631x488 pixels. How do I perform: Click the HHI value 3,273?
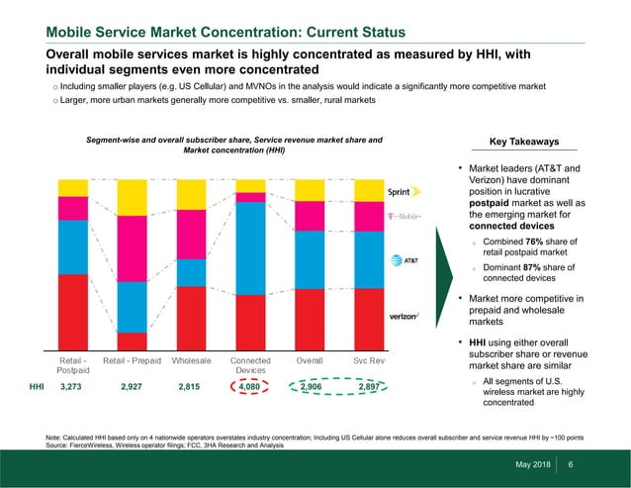[x=72, y=387]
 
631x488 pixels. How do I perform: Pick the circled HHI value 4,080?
[x=250, y=387]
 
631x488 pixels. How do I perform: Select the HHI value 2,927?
[x=133, y=387]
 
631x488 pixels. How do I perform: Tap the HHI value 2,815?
[x=190, y=387]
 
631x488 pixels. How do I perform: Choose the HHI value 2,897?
[x=369, y=387]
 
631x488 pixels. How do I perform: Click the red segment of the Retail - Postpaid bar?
[x=73, y=312]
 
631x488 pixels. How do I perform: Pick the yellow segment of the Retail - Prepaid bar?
[x=133, y=197]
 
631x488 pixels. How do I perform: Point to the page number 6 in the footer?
[x=571, y=466]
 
